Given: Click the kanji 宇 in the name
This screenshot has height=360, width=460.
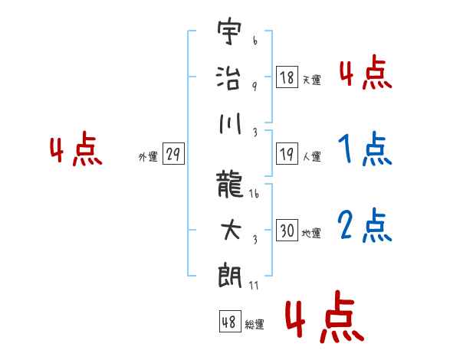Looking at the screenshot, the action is [229, 31].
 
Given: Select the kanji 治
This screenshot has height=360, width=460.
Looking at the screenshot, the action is [228, 77].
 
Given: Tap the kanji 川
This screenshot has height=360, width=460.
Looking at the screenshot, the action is [230, 123].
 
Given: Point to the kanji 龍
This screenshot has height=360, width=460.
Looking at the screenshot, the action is [229, 184].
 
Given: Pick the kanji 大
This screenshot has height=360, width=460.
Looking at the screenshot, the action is [231, 230].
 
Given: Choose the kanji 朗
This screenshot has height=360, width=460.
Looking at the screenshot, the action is [230, 276].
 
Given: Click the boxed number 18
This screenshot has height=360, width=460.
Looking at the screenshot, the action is [287, 77].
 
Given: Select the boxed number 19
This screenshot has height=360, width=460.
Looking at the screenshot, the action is [287, 154].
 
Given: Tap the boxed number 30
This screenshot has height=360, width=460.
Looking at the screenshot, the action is [287, 230].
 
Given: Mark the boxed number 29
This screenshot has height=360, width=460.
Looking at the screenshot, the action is [173, 154].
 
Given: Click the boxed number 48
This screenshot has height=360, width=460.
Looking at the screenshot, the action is [230, 322].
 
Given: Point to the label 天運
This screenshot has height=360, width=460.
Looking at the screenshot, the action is [312, 80].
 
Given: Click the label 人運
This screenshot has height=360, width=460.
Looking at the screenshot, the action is [312, 156].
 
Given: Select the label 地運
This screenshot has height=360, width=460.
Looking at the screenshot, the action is [311, 233].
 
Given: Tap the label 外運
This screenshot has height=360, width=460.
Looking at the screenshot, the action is [148, 156].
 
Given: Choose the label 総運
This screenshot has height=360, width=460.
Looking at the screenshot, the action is [255, 324].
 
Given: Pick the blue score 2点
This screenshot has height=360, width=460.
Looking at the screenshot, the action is [365, 226].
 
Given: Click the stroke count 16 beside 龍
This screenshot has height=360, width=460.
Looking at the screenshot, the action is [254, 194].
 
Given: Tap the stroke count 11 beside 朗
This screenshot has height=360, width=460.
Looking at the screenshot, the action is [254, 286].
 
